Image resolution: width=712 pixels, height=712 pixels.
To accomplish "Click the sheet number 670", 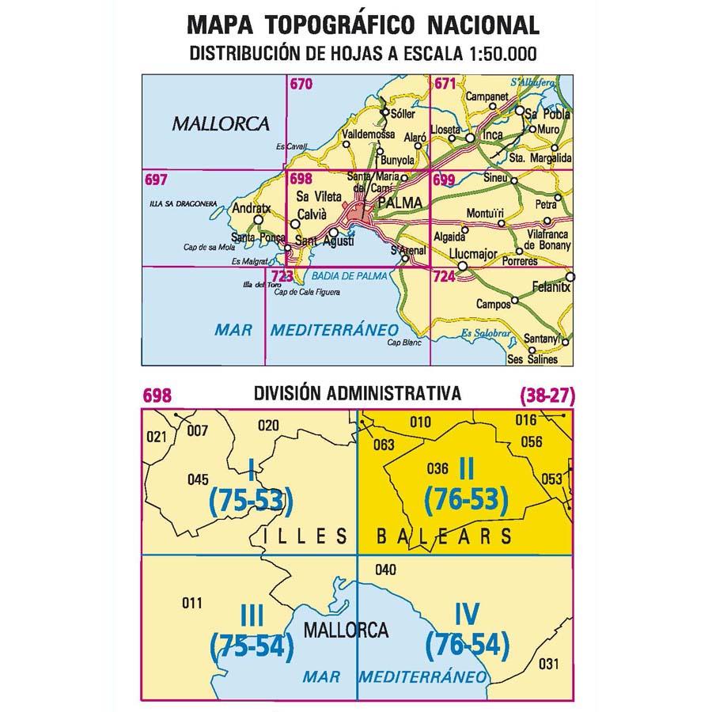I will coord(300,84).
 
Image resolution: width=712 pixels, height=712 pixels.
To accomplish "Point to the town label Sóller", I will coord(403,114).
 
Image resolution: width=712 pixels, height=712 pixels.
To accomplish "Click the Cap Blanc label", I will coord(401,343).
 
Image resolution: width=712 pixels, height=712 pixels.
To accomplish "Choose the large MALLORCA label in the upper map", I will coord(220,123).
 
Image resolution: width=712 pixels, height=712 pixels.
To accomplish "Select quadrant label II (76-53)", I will coord(465,484).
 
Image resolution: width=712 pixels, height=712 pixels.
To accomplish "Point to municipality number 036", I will coord(437,468).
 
